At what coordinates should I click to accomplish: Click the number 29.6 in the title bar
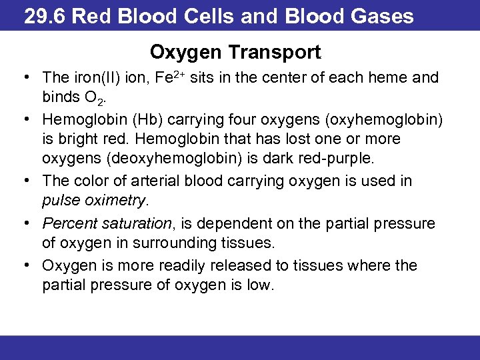click(x=45, y=16)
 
